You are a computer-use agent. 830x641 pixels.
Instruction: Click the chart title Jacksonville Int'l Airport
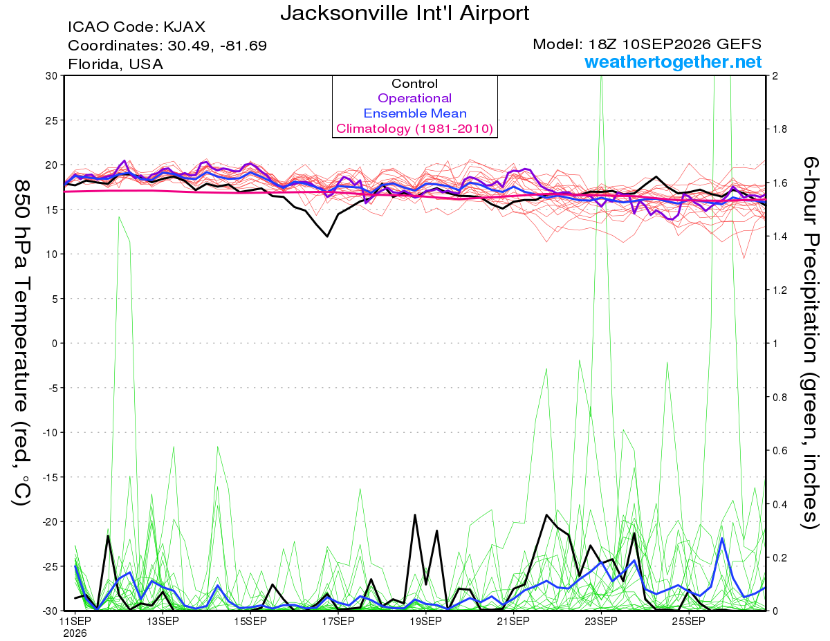click(x=405, y=13)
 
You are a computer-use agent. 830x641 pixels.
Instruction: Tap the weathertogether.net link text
click(x=673, y=62)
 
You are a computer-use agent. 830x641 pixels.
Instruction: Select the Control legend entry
click(x=414, y=84)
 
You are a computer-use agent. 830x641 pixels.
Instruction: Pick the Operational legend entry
click(x=414, y=98)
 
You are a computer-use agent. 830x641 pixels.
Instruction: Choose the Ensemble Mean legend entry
click(x=415, y=113)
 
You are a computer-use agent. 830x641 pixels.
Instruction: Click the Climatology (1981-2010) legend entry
click(x=414, y=129)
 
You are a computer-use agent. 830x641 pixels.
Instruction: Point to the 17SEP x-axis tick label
click(x=338, y=621)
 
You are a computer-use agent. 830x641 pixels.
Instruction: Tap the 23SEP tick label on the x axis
click(x=601, y=621)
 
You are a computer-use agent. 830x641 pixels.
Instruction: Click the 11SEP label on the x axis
click(x=75, y=621)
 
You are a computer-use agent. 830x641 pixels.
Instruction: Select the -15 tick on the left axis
click(x=49, y=477)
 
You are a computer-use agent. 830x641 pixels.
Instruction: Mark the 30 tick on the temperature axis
click(x=51, y=75)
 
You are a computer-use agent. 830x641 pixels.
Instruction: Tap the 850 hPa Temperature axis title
click(x=21, y=343)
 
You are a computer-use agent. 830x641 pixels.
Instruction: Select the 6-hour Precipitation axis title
click(x=811, y=342)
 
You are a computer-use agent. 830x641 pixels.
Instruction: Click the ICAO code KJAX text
click(x=136, y=27)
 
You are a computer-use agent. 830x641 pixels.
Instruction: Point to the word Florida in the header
click(x=95, y=64)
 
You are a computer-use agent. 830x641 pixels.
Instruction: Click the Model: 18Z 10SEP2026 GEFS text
click(x=647, y=44)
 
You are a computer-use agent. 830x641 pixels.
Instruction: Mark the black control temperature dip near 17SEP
click(x=327, y=236)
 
